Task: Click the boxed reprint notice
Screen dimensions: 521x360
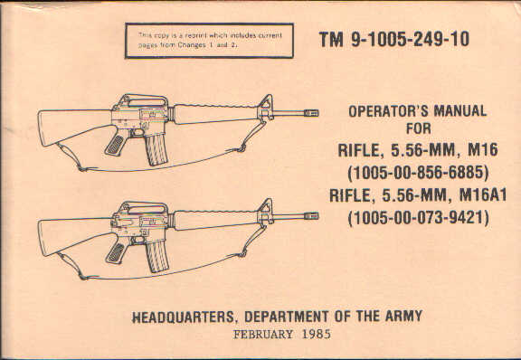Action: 209,39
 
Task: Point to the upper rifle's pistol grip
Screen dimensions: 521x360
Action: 117,142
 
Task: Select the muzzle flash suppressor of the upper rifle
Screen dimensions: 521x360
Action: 310,113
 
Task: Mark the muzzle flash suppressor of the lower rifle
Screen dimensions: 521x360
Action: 310,216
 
